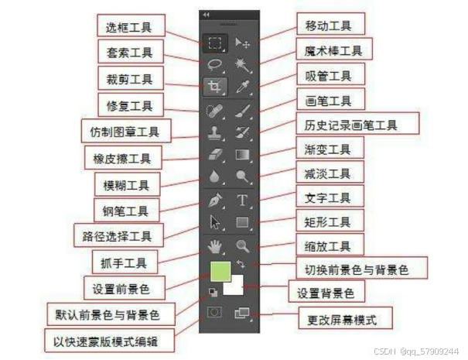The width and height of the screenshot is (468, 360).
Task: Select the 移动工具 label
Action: [325, 25]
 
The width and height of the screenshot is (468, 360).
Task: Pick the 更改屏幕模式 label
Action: [345, 317]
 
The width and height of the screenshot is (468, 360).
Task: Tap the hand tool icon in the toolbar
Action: [215, 247]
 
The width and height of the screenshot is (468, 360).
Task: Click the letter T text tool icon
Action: [242, 200]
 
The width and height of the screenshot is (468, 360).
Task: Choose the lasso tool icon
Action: [215, 63]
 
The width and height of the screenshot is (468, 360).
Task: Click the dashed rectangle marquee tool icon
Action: [215, 43]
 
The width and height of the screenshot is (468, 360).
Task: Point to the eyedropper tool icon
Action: [242, 85]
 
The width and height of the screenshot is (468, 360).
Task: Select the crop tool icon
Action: [215, 85]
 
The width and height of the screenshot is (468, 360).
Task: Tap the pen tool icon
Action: [215, 200]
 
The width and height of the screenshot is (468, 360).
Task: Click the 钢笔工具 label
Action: [126, 209]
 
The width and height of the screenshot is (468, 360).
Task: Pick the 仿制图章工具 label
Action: [126, 130]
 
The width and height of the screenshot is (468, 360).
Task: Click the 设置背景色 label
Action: [326, 293]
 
